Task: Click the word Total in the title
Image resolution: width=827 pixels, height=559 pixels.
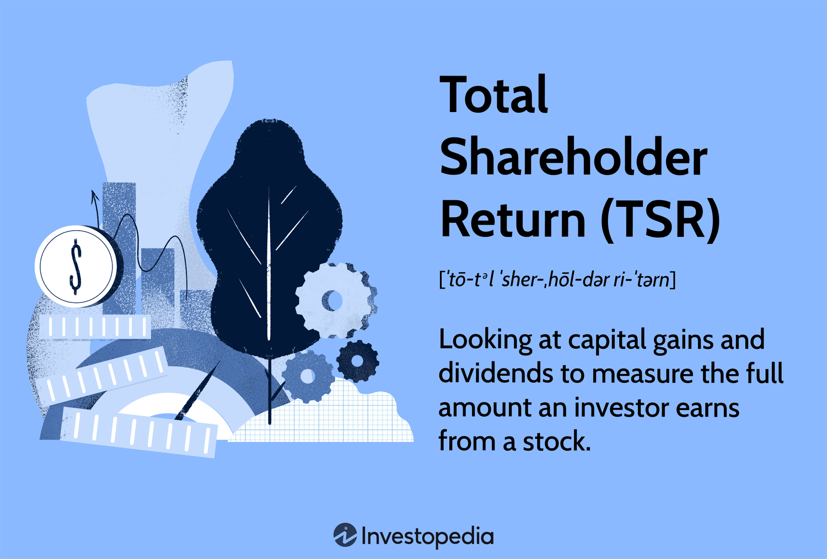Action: click(493, 95)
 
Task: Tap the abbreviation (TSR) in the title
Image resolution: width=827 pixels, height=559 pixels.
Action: click(660, 220)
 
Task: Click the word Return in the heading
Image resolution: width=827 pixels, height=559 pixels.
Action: click(513, 220)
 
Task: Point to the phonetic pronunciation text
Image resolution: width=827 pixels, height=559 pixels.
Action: click(557, 279)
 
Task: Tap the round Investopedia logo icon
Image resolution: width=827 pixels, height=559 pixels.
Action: click(345, 535)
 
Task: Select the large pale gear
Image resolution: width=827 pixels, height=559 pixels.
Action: click(334, 300)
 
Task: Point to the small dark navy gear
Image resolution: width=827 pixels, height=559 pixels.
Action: click(357, 361)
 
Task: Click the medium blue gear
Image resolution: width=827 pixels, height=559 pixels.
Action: click(307, 377)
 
